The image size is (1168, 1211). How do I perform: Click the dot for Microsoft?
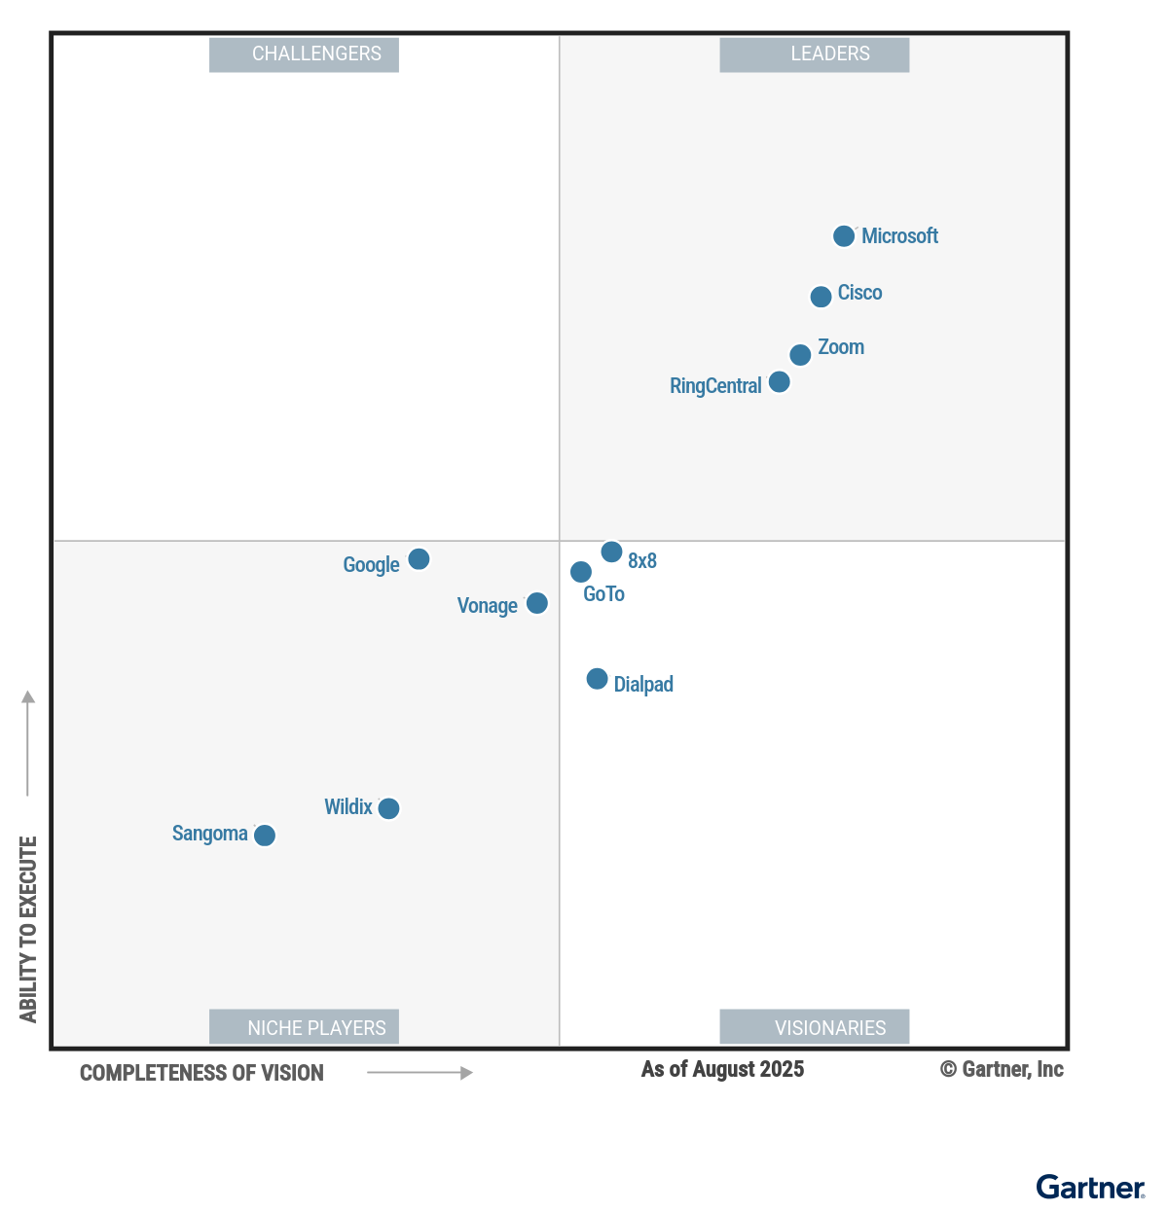tap(844, 236)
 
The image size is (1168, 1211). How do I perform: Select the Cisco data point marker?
tap(821, 297)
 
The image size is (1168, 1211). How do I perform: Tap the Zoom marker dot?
tap(800, 355)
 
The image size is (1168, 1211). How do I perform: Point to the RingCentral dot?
tap(780, 382)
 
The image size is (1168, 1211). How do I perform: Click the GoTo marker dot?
tap(581, 572)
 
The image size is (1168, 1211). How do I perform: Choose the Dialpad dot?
tap(598, 679)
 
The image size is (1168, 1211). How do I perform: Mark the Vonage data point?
tap(537, 603)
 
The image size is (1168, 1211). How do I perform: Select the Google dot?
tap(419, 559)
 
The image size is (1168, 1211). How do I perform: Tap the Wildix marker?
tap(388, 808)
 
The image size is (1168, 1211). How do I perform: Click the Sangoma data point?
tap(265, 836)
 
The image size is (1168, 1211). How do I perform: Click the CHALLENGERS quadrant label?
tap(305, 54)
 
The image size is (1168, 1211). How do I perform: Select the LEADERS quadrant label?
tap(815, 54)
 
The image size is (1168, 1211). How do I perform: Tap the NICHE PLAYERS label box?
tap(305, 1027)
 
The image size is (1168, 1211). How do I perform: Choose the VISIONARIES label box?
tap(815, 1027)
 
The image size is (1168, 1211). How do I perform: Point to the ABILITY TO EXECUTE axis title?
tap(28, 929)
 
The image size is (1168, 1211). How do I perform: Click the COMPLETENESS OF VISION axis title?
tap(201, 1073)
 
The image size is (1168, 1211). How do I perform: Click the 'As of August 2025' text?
tap(722, 1070)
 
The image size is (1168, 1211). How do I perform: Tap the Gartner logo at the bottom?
tap(1090, 1188)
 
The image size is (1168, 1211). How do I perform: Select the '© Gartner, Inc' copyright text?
tap(1002, 1070)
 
